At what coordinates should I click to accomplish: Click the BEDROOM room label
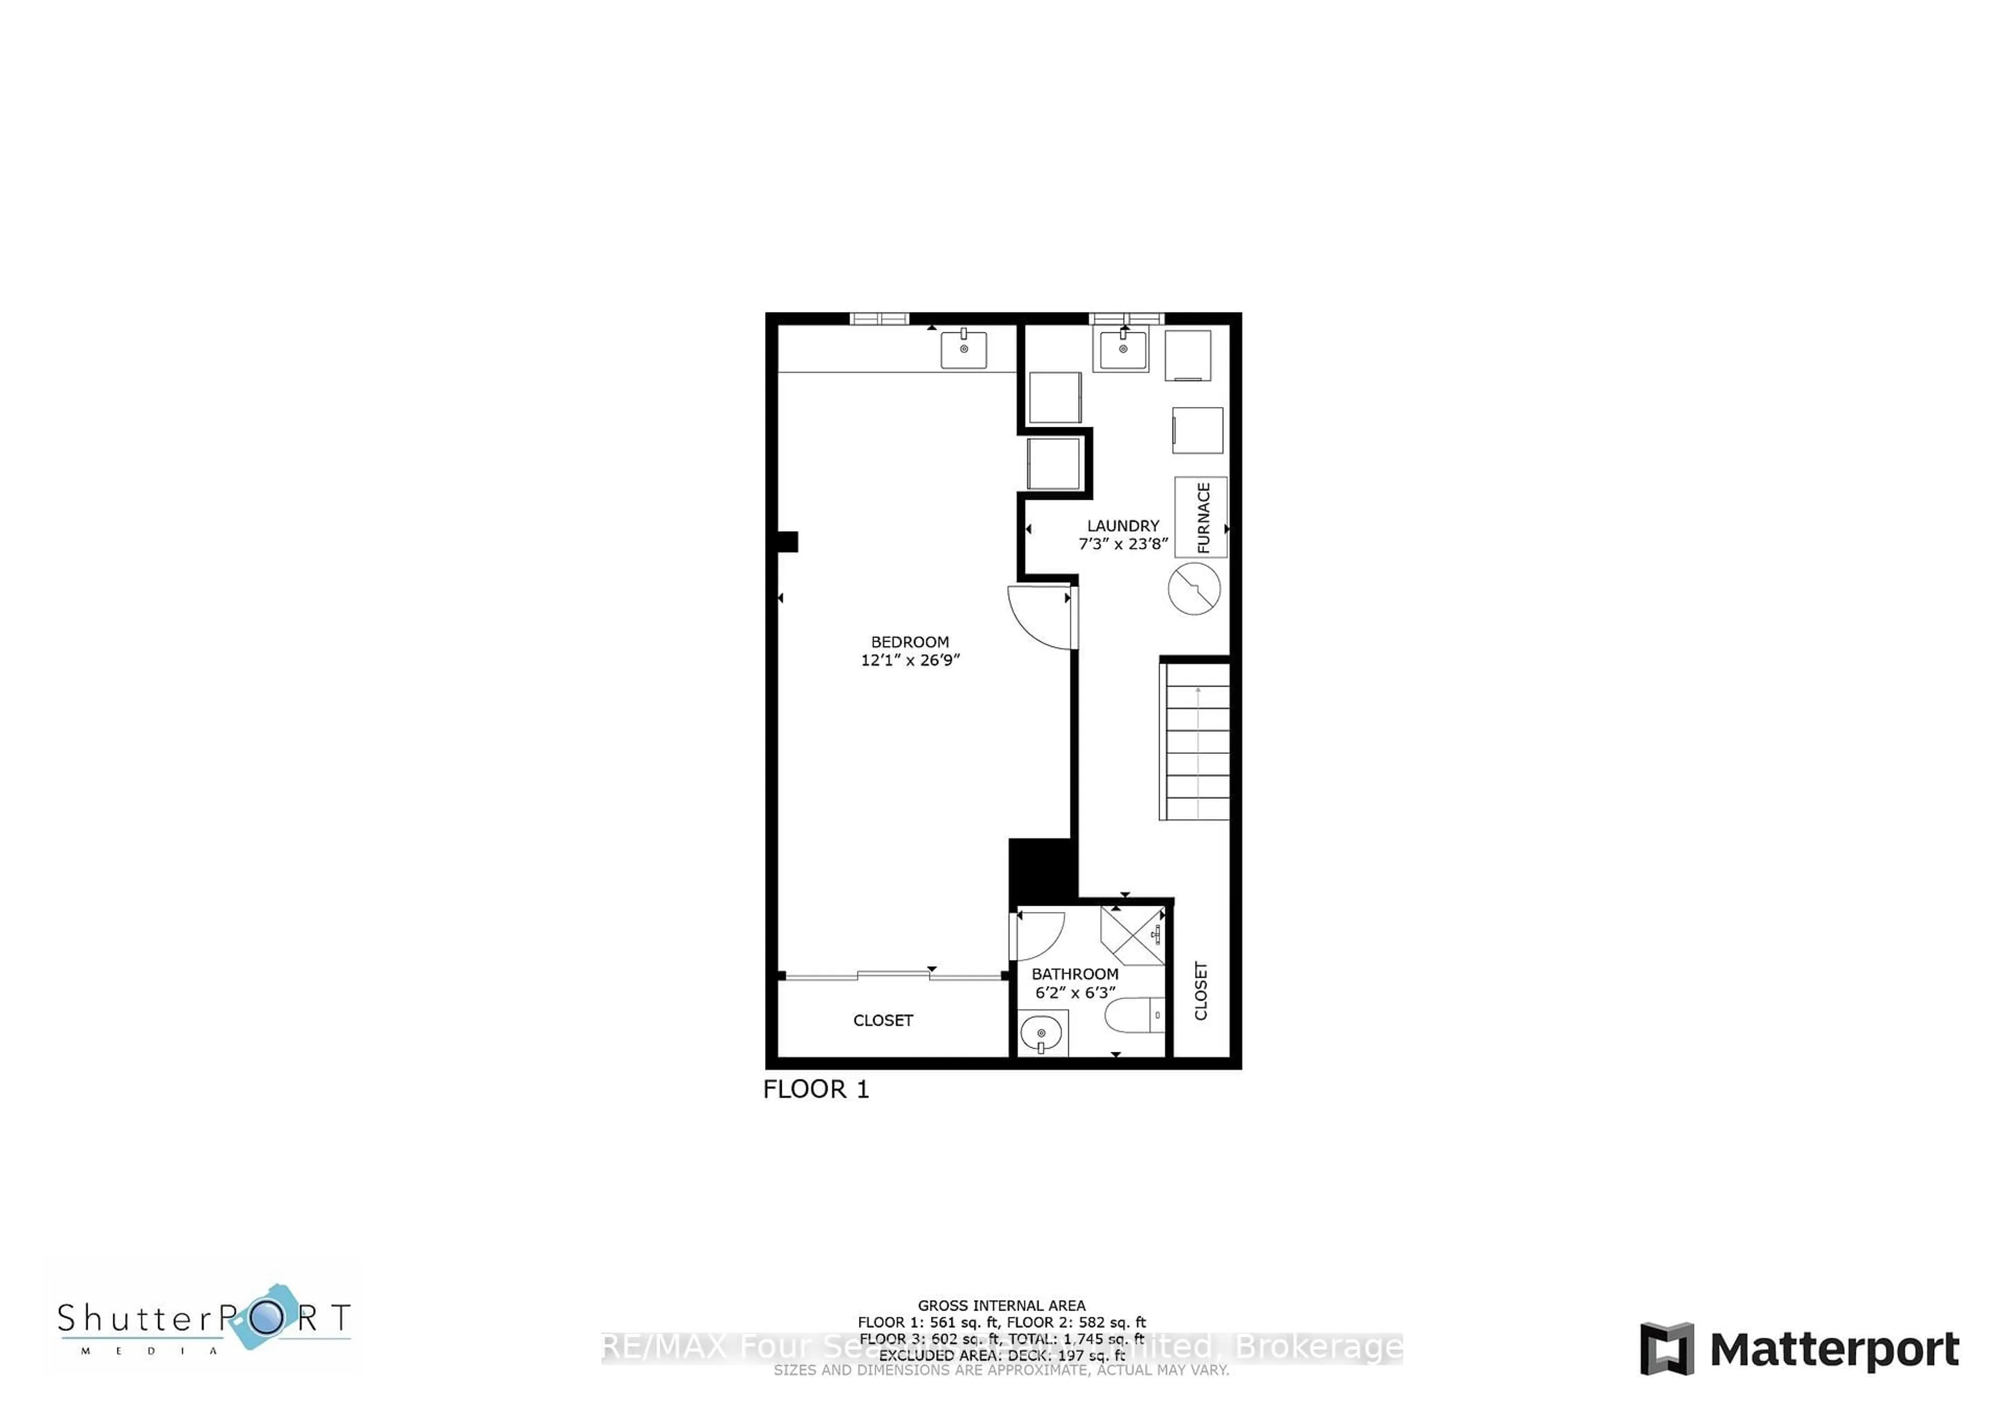pos(910,641)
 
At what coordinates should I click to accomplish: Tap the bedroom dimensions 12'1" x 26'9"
pos(910,661)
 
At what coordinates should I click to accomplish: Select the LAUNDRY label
pos(1123,525)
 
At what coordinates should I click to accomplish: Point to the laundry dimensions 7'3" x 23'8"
pos(1123,544)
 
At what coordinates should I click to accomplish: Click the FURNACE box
pos(1201,517)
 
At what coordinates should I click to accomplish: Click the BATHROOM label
pos(1075,974)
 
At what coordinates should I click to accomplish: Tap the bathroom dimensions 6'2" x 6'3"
pos(1075,993)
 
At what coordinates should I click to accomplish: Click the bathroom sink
pos(1041,1035)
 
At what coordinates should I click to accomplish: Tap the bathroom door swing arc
pos(1039,935)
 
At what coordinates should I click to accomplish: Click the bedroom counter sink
pos(963,349)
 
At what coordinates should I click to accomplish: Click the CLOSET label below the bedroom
pos(882,1020)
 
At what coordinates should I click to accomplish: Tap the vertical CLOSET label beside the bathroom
pos(1201,991)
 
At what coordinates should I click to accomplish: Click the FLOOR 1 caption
pos(816,1089)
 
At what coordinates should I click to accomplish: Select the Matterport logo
pos(1800,1349)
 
